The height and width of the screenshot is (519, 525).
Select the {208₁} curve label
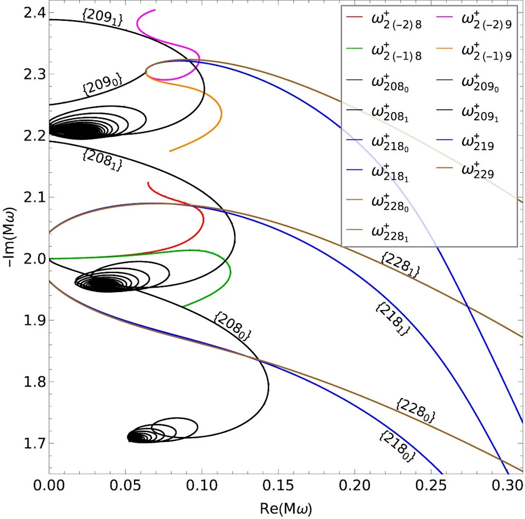click(x=102, y=160)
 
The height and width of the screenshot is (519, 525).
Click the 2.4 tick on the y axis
click(x=34, y=13)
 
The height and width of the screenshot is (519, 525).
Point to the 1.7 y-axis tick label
click(x=34, y=443)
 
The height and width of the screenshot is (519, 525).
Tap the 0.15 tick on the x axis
click(x=278, y=485)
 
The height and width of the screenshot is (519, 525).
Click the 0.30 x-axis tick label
click(x=507, y=485)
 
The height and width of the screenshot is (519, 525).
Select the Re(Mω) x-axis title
click(x=286, y=509)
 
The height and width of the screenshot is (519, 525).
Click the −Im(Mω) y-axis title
click(x=9, y=237)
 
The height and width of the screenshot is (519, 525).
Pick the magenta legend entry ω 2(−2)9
click(x=475, y=20)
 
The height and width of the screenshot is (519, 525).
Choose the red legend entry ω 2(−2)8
click(x=384, y=20)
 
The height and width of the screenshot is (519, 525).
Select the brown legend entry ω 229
click(x=465, y=170)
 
